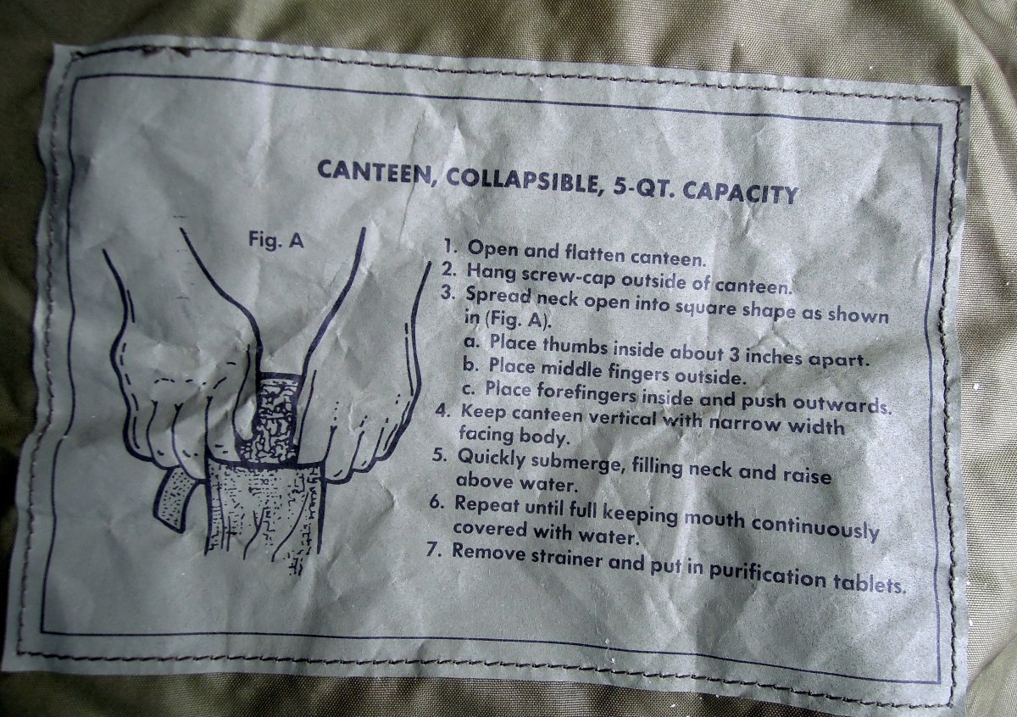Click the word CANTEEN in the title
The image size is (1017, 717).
[375, 174]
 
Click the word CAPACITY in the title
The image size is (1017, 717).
[741, 193]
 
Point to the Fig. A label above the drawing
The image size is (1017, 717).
[275, 240]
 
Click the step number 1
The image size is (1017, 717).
[449, 247]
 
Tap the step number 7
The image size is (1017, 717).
[435, 551]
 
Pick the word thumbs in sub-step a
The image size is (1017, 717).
[575, 347]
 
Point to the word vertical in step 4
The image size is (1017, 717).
[622, 418]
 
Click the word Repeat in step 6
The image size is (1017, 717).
[486, 504]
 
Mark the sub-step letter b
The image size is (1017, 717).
[470, 364]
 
